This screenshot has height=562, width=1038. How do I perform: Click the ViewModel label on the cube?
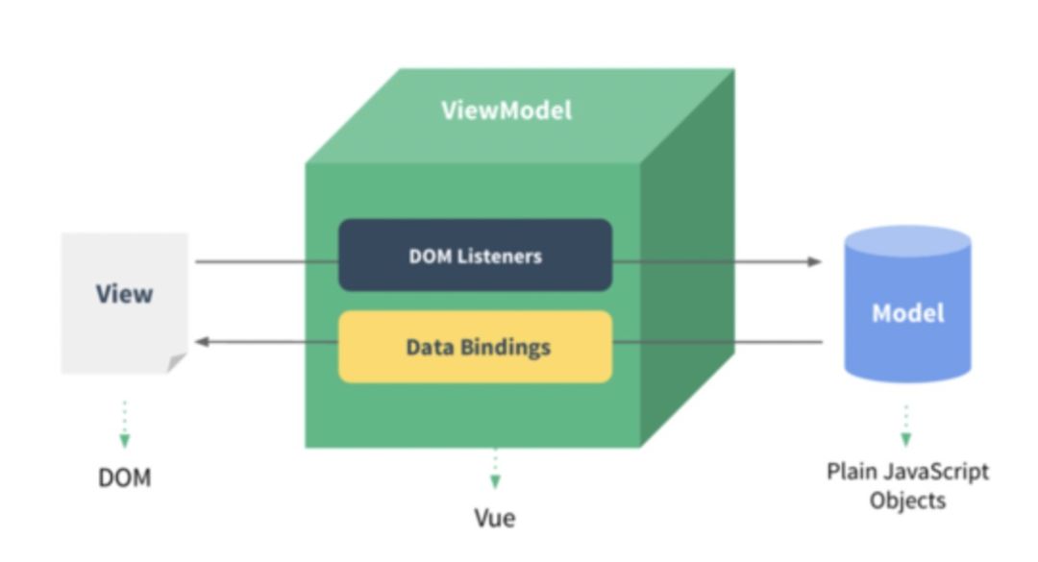click(507, 110)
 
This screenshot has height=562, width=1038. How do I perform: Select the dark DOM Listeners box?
click(476, 255)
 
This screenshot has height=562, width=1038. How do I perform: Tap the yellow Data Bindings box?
click(476, 347)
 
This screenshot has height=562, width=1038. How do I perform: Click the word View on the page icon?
click(124, 293)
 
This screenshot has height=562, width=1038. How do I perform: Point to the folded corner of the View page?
click(177, 363)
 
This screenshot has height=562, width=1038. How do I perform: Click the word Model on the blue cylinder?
click(907, 312)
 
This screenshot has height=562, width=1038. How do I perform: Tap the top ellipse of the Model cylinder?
click(907, 242)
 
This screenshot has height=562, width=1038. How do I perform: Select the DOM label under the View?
click(124, 477)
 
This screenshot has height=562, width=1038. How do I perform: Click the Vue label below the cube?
click(495, 518)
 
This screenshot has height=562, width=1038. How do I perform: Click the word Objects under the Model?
click(907, 501)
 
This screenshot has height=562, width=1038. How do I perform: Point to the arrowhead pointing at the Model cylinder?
click(814, 261)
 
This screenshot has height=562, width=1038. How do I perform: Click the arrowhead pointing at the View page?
click(203, 342)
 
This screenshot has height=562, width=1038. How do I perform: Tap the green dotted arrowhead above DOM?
click(124, 440)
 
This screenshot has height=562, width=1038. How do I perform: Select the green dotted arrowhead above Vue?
click(495, 481)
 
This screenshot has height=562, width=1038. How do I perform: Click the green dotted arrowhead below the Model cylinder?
click(906, 439)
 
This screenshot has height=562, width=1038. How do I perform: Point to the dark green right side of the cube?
click(687, 258)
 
